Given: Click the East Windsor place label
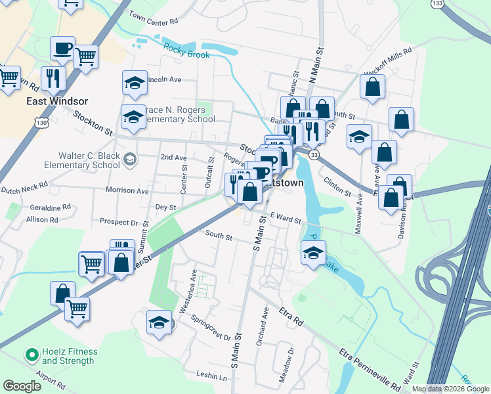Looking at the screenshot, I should pos(57,102).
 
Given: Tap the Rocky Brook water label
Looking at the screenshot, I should pos(186,52).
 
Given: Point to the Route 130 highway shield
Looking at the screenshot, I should pos(41,123).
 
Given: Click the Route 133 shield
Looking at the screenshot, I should pos(437,4).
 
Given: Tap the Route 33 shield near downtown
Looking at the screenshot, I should pos(315,154).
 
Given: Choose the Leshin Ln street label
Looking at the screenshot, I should pos(211,376).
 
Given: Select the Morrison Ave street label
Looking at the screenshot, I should pos(127,190).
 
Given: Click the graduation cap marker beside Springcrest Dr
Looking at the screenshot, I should pos(159,322).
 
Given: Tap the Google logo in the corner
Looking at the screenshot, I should pos(22,386).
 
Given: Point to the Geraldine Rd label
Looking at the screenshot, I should pos(49,207).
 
